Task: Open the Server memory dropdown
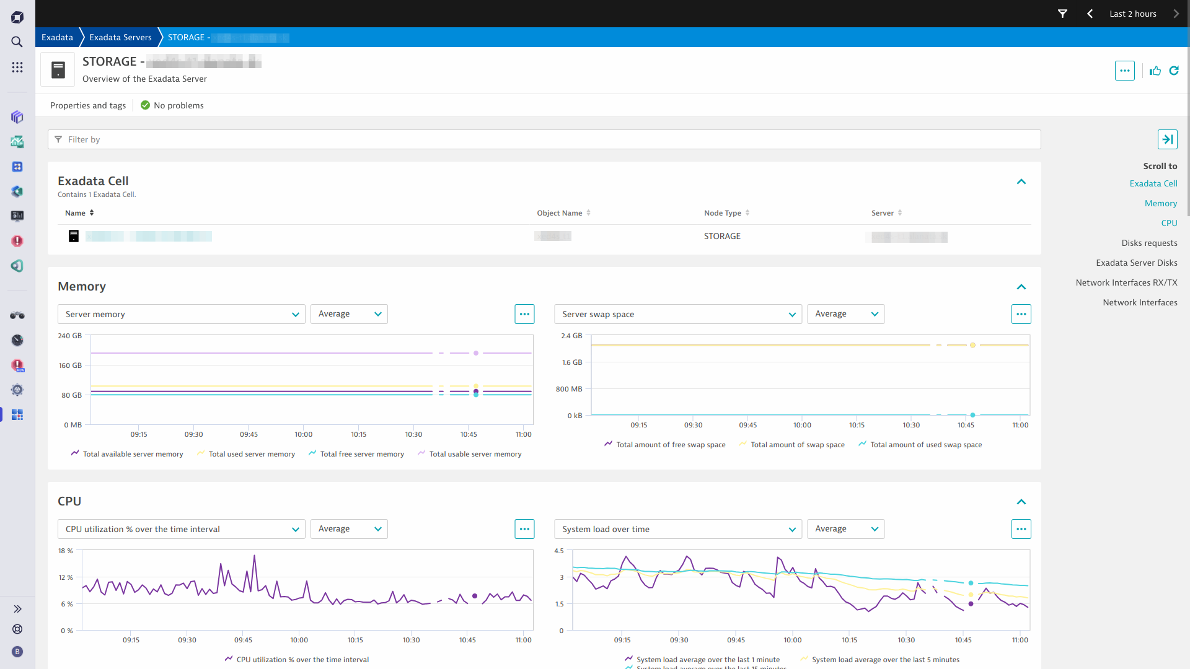(x=181, y=314)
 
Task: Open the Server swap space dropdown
(x=677, y=314)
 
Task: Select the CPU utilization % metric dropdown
(x=181, y=529)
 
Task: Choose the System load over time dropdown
(x=677, y=529)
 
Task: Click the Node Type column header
(x=723, y=213)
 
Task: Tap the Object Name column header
(x=560, y=213)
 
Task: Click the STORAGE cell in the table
(x=722, y=236)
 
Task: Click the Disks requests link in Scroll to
(x=1149, y=243)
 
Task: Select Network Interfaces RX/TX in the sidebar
(x=1126, y=282)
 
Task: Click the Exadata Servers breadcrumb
(x=120, y=37)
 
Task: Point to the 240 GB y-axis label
(x=69, y=336)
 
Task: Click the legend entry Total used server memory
(x=251, y=454)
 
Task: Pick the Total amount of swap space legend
(x=797, y=445)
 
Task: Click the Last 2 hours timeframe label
(x=1132, y=14)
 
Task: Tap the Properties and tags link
(x=88, y=105)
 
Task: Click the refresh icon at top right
(x=1174, y=71)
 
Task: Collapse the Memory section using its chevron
(x=1021, y=287)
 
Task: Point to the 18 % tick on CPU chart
(x=66, y=551)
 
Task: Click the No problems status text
(x=178, y=105)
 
